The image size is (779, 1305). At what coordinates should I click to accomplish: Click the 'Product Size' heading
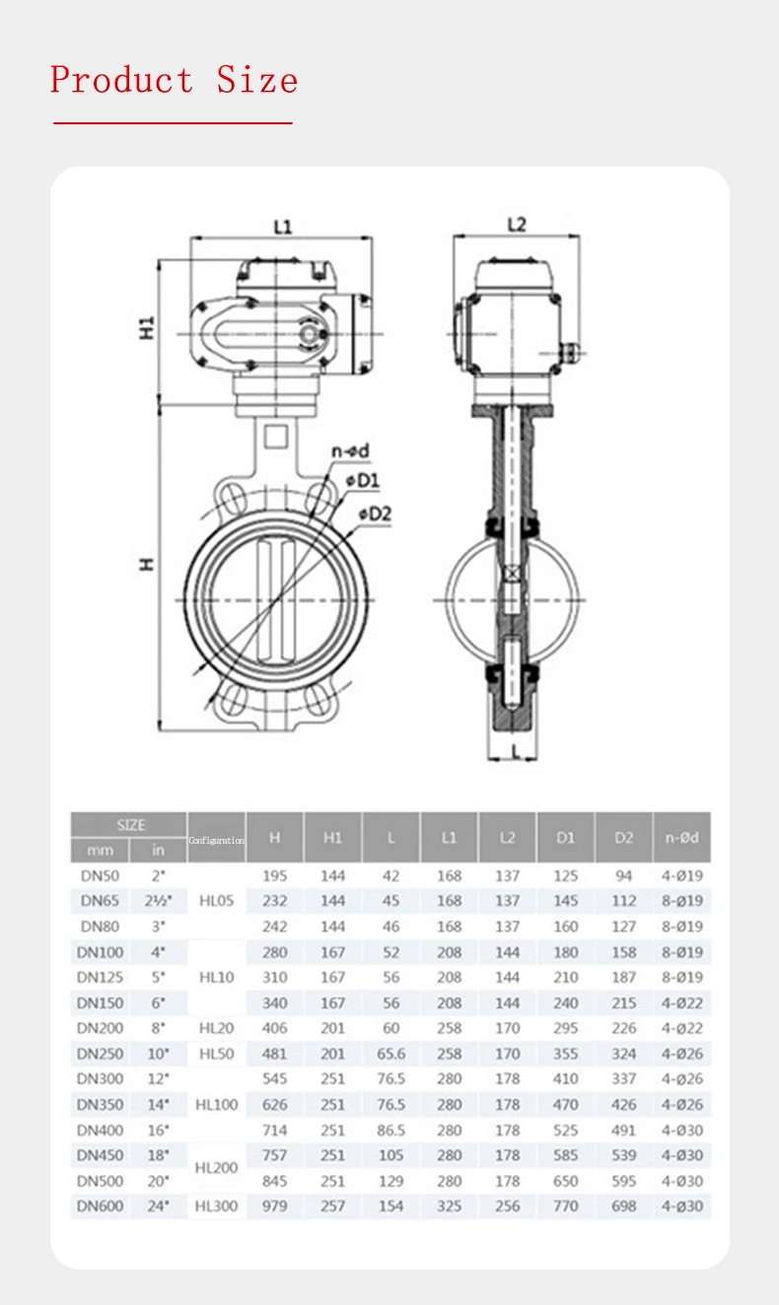tap(174, 80)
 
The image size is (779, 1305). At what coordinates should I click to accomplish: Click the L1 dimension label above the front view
tap(282, 226)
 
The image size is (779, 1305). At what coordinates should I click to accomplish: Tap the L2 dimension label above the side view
tap(516, 225)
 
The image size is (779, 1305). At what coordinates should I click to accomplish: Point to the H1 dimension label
tap(146, 328)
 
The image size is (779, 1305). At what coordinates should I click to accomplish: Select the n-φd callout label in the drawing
tap(350, 451)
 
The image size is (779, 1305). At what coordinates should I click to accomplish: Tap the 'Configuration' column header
tap(216, 840)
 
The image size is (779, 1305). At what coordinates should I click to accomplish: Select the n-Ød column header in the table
tap(681, 838)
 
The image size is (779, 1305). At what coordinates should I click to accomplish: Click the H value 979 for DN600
tap(274, 1205)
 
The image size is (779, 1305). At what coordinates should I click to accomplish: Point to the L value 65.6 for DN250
tap(390, 1054)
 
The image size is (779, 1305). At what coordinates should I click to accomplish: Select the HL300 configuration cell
tap(216, 1205)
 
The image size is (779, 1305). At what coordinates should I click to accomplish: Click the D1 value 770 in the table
tap(565, 1205)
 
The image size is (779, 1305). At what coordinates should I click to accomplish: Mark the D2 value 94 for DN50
tap(623, 876)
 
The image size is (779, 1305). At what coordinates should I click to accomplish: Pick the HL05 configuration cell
tap(216, 901)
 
